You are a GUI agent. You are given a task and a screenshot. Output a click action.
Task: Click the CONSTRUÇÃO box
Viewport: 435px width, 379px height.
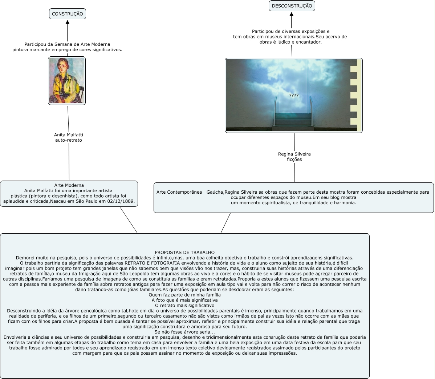pyautogui.click(x=68, y=14)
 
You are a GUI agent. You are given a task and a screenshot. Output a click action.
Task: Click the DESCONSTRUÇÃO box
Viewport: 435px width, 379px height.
pyautogui.click(x=292, y=6)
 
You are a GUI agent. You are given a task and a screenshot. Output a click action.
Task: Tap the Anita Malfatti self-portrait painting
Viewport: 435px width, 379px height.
pyautogui.click(x=67, y=81)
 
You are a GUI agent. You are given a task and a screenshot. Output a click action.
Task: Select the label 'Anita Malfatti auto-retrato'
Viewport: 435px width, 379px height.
pyautogui.click(x=68, y=137)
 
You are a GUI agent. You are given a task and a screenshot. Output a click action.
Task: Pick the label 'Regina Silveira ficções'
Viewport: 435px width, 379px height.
pyautogui.click(x=294, y=157)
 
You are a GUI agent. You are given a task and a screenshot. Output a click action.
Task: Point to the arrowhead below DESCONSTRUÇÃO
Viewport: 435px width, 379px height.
pyautogui.click(x=292, y=15)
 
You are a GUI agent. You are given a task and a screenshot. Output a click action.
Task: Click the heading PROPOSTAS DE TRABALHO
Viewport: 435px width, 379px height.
pyautogui.click(x=184, y=253)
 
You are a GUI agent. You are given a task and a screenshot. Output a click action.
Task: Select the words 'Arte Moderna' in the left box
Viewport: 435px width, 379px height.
pyautogui.click(x=69, y=185)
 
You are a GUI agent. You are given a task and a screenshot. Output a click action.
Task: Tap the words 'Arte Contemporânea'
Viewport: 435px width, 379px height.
pyautogui.click(x=179, y=192)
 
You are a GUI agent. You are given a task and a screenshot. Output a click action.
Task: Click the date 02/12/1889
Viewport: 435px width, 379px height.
pyautogui.click(x=121, y=201)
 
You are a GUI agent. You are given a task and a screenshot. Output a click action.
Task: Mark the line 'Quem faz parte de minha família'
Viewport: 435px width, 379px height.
pyautogui.click(x=184, y=295)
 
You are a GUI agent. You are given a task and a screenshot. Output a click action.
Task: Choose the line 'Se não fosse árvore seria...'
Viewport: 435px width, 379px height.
pyautogui.click(x=184, y=332)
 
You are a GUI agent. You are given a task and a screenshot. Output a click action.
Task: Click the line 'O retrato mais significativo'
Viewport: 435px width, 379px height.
pyautogui.click(x=184, y=306)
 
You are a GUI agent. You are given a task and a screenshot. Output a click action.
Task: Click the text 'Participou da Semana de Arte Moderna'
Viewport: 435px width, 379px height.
pyautogui.click(x=67, y=44)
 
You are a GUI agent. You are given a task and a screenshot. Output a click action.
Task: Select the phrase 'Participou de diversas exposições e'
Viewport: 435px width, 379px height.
pyautogui.click(x=290, y=32)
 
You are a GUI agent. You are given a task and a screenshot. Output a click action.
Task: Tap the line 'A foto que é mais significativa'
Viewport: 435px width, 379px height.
pyautogui.click(x=184, y=301)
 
